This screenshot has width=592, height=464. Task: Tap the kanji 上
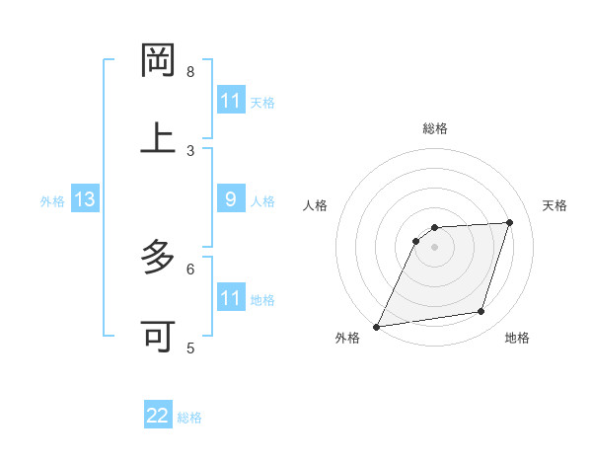click(x=158, y=138)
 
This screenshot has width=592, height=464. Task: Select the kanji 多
click(x=158, y=259)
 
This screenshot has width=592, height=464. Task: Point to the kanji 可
click(x=158, y=337)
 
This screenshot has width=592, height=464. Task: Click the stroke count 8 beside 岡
click(x=190, y=72)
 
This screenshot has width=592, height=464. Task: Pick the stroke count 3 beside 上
click(x=190, y=150)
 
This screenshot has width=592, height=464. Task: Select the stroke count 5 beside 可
click(x=190, y=348)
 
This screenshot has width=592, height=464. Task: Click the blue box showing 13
click(x=85, y=200)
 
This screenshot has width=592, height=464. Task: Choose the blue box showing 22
click(x=158, y=416)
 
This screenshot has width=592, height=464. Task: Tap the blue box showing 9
click(x=231, y=200)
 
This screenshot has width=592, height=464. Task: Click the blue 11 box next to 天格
click(x=231, y=101)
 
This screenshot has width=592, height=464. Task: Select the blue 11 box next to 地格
click(x=231, y=298)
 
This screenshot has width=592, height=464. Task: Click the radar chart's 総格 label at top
click(x=434, y=128)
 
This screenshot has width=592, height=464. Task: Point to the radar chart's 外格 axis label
click(x=347, y=339)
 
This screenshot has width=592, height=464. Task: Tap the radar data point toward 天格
click(x=510, y=222)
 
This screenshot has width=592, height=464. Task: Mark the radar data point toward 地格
click(x=481, y=312)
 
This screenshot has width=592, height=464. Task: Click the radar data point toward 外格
click(x=376, y=327)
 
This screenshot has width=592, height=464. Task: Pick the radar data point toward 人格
click(x=416, y=241)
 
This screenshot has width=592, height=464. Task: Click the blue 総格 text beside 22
click(x=189, y=418)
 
